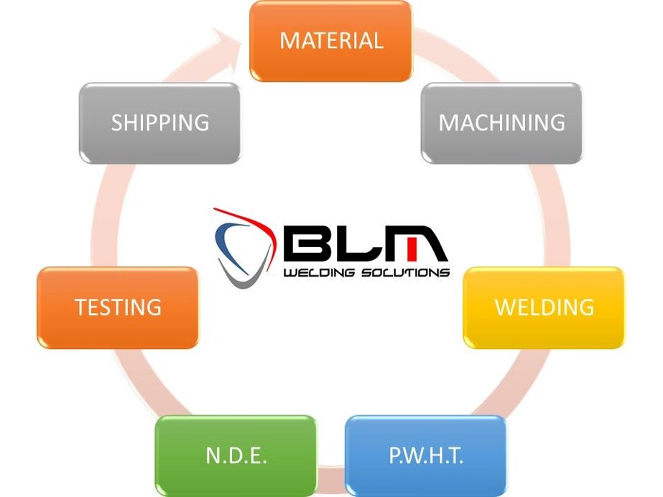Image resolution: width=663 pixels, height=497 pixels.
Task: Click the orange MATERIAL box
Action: pos(330,40)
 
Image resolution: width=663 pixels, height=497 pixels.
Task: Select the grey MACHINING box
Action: pos(501,123)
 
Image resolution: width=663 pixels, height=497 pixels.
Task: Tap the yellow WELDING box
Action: pos(544,307)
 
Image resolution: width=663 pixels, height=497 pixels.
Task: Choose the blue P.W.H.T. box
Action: pos(426,455)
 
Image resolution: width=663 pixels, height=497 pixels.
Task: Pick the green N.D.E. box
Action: pos(236,455)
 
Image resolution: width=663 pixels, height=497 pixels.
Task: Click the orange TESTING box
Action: pos(118,307)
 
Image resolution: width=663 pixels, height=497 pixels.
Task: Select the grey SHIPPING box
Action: pos(159,123)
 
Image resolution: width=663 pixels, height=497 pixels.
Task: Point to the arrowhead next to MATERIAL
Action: pos(234,40)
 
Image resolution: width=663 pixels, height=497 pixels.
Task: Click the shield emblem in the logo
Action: pos(241,248)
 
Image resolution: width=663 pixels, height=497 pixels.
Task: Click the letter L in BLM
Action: pos(357,245)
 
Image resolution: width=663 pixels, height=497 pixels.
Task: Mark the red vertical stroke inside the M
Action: pos(412,249)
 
